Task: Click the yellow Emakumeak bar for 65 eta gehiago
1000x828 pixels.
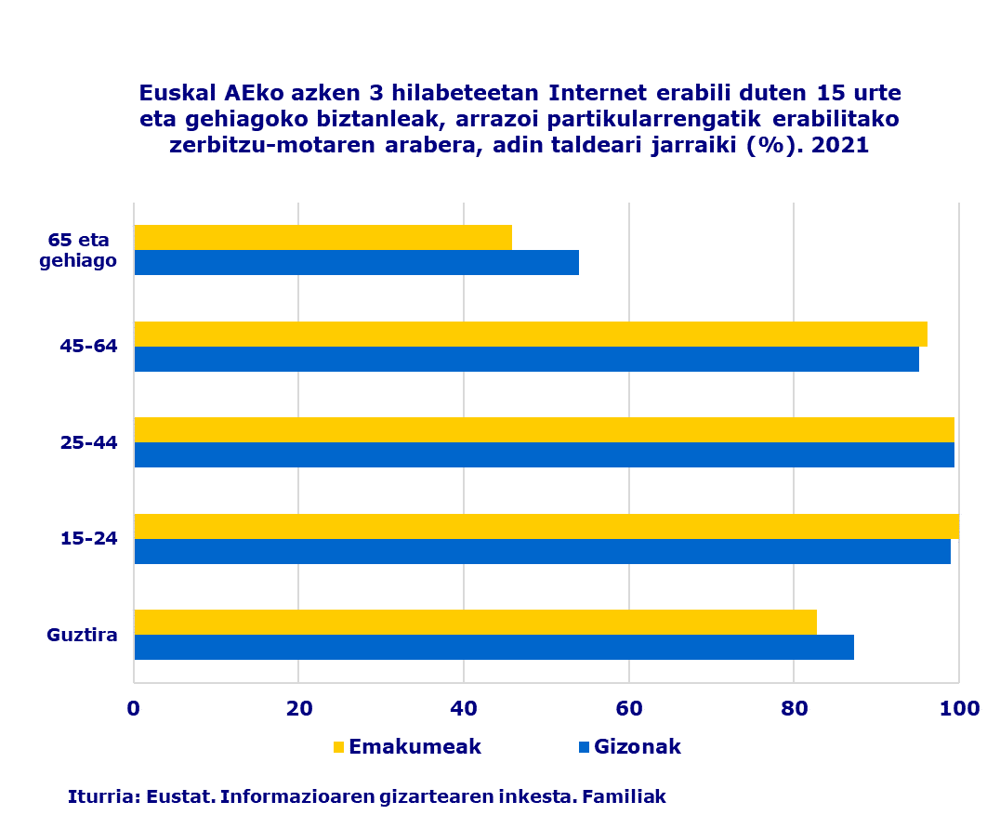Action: (322, 237)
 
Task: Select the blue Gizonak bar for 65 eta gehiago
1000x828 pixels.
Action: (356, 262)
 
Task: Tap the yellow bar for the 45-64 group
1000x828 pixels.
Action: (531, 334)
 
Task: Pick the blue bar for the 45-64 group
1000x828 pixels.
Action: (526, 359)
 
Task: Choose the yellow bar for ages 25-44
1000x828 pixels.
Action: (544, 429)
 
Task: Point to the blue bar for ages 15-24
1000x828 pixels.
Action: (542, 551)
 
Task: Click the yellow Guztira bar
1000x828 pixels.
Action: (475, 622)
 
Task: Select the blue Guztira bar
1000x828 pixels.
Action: (493, 647)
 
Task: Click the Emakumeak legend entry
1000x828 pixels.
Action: (405, 747)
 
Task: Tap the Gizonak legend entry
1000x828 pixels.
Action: (629, 747)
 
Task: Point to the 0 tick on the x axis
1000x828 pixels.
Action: (134, 708)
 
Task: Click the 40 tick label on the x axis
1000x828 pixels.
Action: (464, 708)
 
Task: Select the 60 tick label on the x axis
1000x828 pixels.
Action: (629, 708)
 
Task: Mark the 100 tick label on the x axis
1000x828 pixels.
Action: (959, 708)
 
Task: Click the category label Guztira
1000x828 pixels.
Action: (82, 636)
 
